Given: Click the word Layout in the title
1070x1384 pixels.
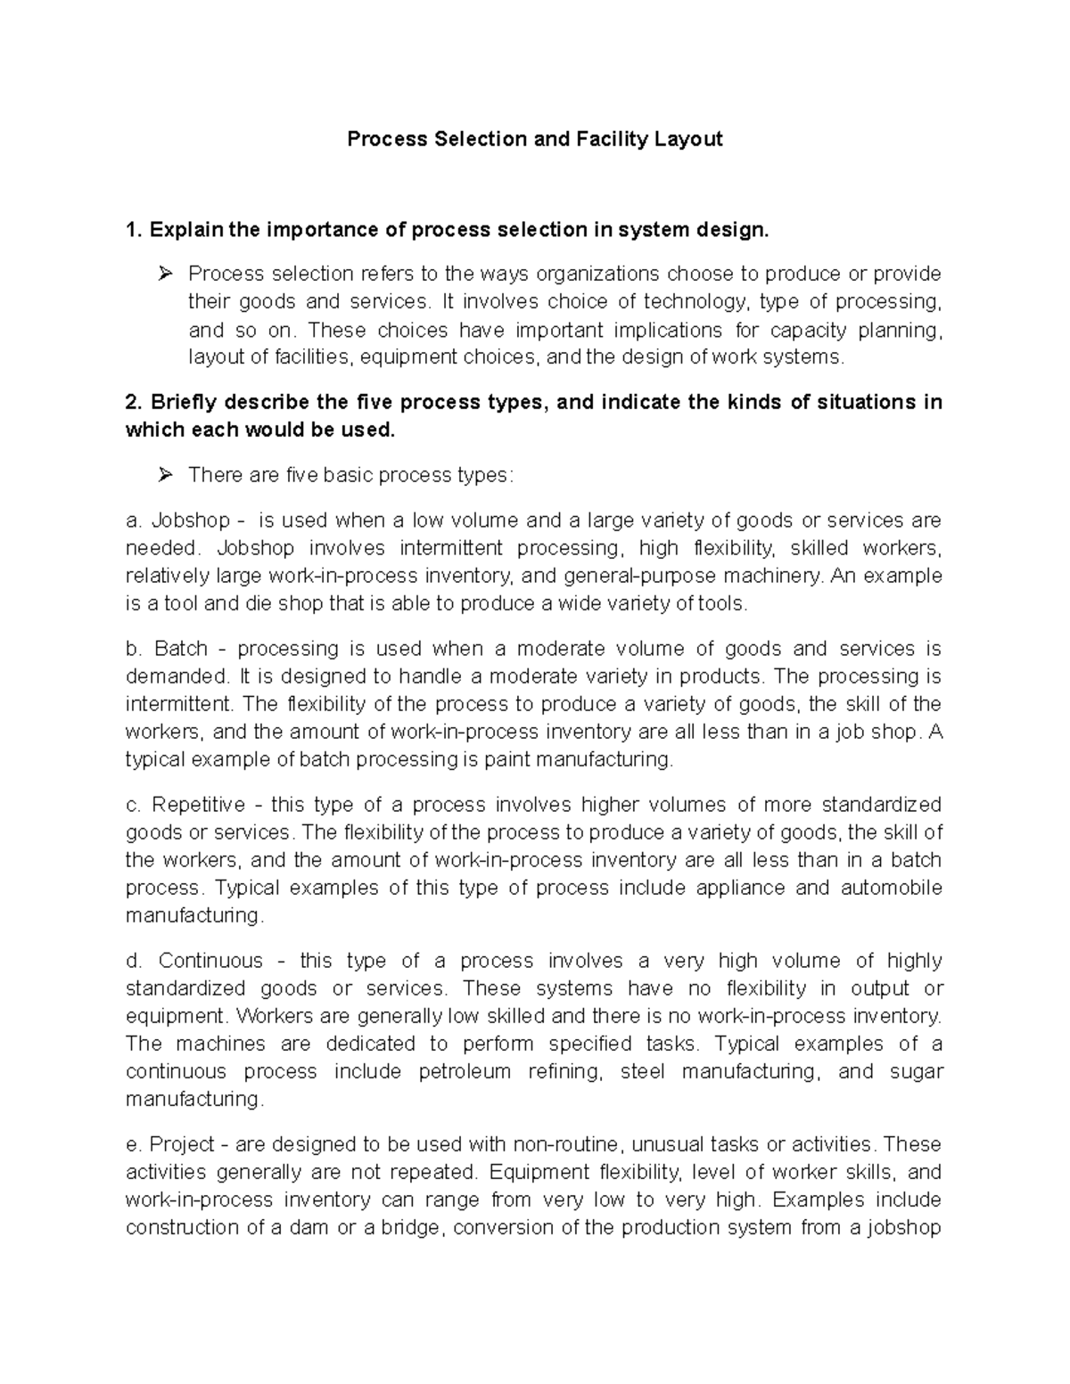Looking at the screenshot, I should pos(687,140).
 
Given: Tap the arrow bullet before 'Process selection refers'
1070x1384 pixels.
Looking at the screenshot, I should pos(164,274).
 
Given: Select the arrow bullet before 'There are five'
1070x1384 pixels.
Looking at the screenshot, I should pos(164,476).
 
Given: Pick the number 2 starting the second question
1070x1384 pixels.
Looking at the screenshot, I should pos(131,403).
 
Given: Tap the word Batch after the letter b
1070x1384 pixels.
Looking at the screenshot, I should pos(181,649).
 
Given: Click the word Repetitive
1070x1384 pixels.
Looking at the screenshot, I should pos(198,806).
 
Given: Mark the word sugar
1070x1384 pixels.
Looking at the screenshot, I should pos(916,1072).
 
